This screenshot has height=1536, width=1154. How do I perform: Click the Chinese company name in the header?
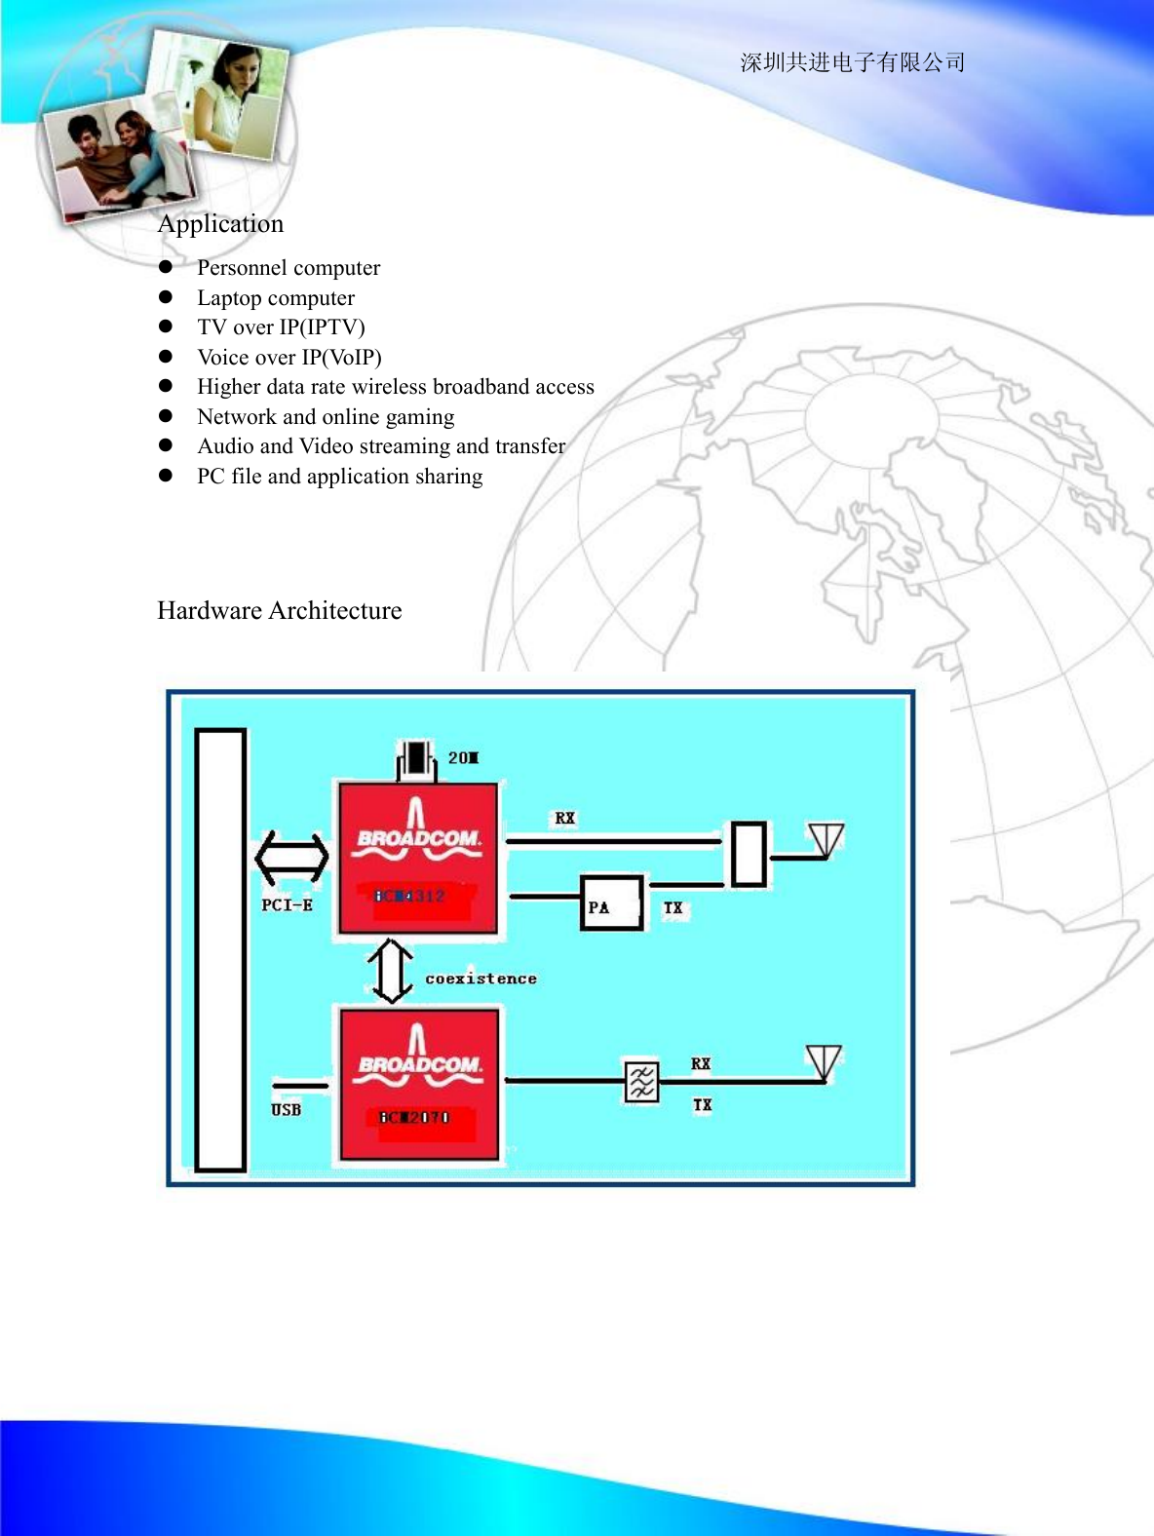[853, 62]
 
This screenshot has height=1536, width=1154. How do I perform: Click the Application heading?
[221, 224]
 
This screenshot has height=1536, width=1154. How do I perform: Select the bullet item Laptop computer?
[276, 298]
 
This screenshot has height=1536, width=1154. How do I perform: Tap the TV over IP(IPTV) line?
[281, 327]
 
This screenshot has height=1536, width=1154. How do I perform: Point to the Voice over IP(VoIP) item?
[289, 358]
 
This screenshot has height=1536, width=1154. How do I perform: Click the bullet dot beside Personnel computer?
[166, 267]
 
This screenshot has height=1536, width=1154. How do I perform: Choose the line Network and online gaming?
[326, 417]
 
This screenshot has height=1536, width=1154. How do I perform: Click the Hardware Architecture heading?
[280, 611]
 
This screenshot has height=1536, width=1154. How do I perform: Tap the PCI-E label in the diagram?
[287, 905]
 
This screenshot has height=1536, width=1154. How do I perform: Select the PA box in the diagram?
[612, 903]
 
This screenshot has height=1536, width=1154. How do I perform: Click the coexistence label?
[481, 979]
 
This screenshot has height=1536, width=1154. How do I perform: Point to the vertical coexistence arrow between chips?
[391, 971]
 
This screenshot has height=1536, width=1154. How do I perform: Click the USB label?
[286, 1110]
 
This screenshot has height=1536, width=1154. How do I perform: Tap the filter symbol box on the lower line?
[641, 1082]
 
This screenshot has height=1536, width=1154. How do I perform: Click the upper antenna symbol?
[826, 841]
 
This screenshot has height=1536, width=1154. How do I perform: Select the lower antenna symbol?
[824, 1063]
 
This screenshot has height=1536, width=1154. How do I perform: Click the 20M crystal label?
[463, 758]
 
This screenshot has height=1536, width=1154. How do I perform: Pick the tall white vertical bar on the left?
[220, 949]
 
